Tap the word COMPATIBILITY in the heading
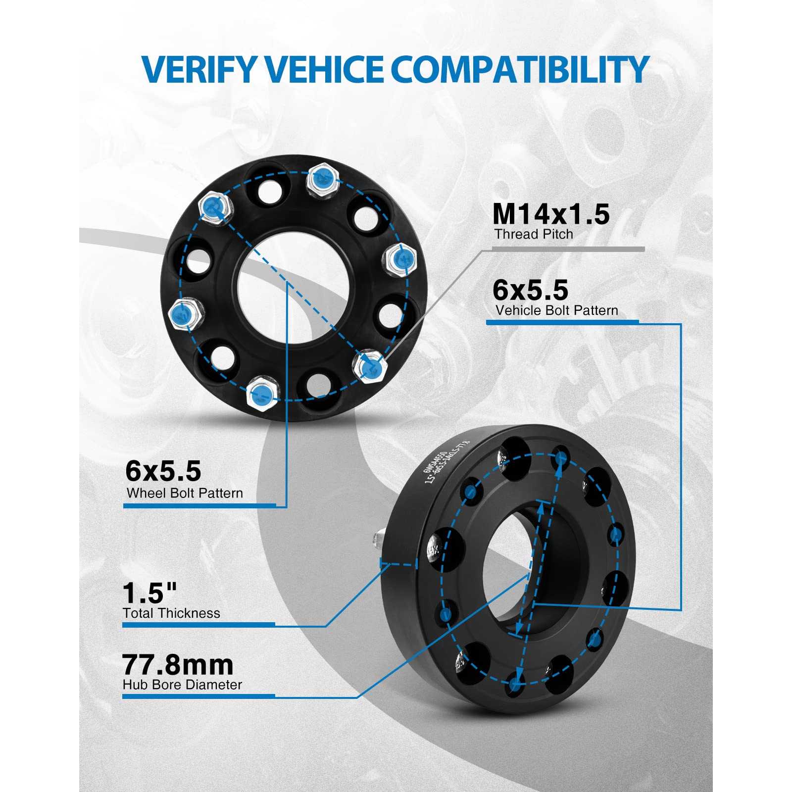pos(520,69)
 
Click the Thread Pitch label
pos(534,234)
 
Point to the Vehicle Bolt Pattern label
pos(557,310)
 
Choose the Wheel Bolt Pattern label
pos(185,493)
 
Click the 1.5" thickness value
pos(150,592)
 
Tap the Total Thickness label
pos(171,613)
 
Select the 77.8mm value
pos(178,665)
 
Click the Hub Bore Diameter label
pos(182,685)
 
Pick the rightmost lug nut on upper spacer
pos(401,258)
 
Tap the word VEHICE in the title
pos(327,69)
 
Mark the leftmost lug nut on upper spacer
pos(184,313)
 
